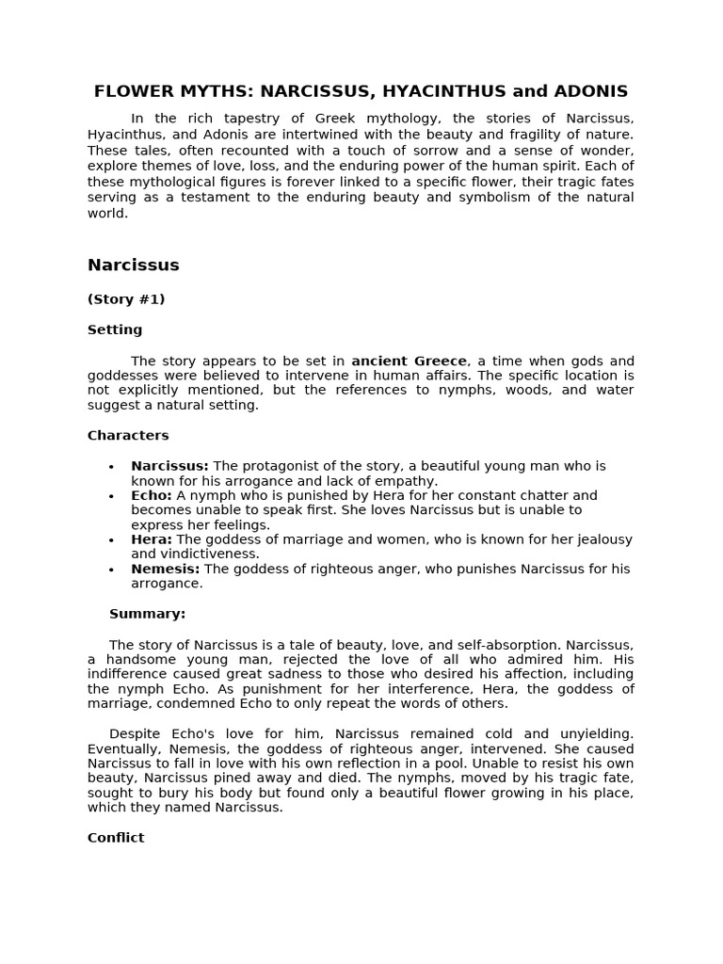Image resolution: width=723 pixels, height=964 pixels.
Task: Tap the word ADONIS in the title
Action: (x=589, y=91)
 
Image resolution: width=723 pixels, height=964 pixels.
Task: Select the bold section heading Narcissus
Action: (x=133, y=265)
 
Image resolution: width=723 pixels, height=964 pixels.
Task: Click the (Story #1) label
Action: (x=126, y=299)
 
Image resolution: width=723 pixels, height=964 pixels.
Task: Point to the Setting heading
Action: (x=115, y=329)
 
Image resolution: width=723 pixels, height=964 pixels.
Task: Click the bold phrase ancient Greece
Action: (x=409, y=361)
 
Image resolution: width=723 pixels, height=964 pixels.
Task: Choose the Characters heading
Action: (x=128, y=435)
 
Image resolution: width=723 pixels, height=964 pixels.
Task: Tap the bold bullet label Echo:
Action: (x=151, y=495)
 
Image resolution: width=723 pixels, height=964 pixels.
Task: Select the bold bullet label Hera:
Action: (x=151, y=539)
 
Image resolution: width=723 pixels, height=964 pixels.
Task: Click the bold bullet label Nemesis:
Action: (x=165, y=569)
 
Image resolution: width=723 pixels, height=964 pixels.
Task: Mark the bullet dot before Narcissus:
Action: (x=111, y=467)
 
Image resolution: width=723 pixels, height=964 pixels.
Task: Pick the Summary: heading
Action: (x=147, y=614)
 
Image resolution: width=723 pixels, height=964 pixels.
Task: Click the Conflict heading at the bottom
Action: (x=116, y=837)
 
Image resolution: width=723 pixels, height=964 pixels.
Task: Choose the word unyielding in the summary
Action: (x=598, y=733)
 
